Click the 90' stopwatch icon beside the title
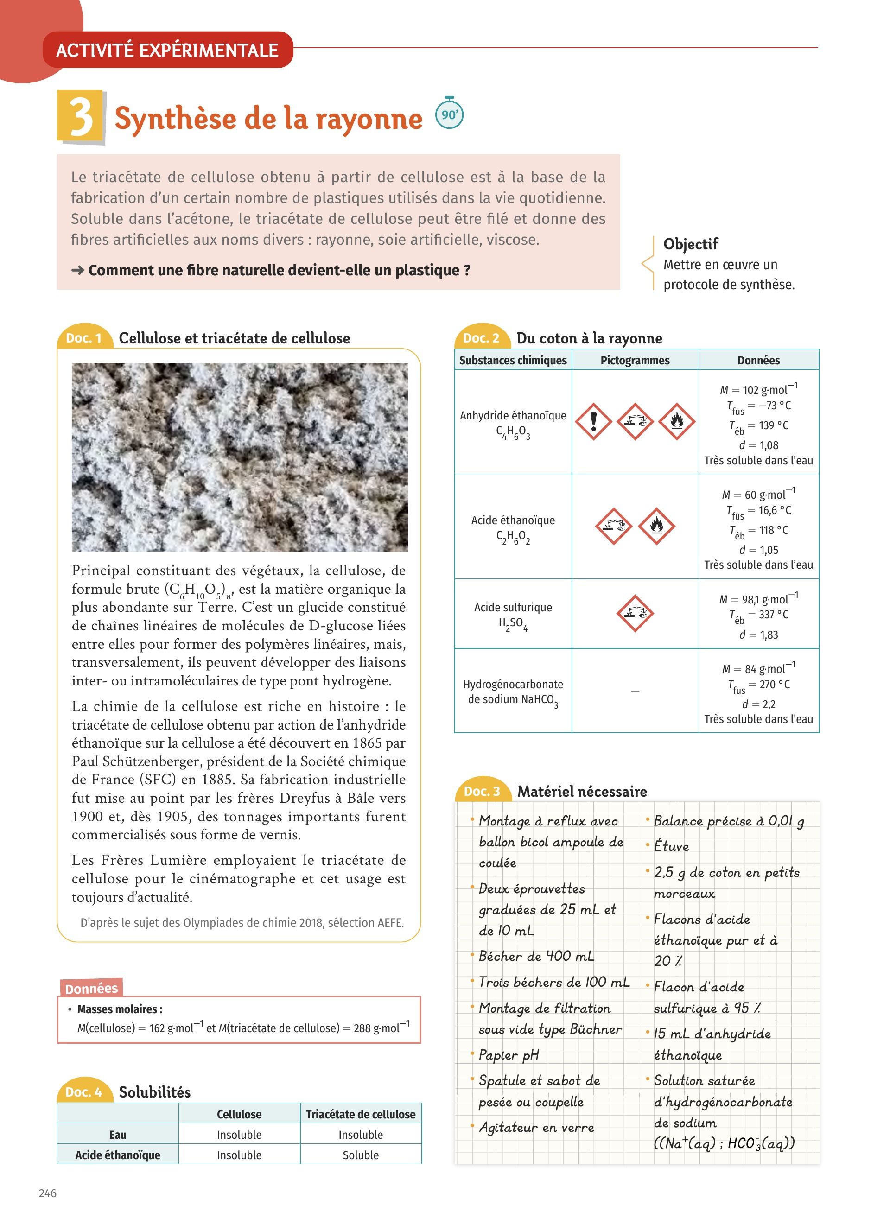(449, 114)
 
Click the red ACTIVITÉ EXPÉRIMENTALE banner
(167, 50)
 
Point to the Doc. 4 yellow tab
(83, 1092)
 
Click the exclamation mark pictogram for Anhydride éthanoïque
(593, 421)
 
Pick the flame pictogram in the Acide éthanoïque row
(656, 526)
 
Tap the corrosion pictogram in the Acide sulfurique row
(635, 613)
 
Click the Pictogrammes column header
(635, 360)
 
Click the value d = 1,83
(758, 635)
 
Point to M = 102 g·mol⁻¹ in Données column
(758, 390)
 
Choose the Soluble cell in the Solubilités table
(360, 1155)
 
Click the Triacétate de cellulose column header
(360, 1114)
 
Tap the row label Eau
(118, 1135)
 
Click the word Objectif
(690, 244)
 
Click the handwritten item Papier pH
(509, 1054)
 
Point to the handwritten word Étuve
(671, 846)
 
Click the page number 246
(48, 1193)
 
